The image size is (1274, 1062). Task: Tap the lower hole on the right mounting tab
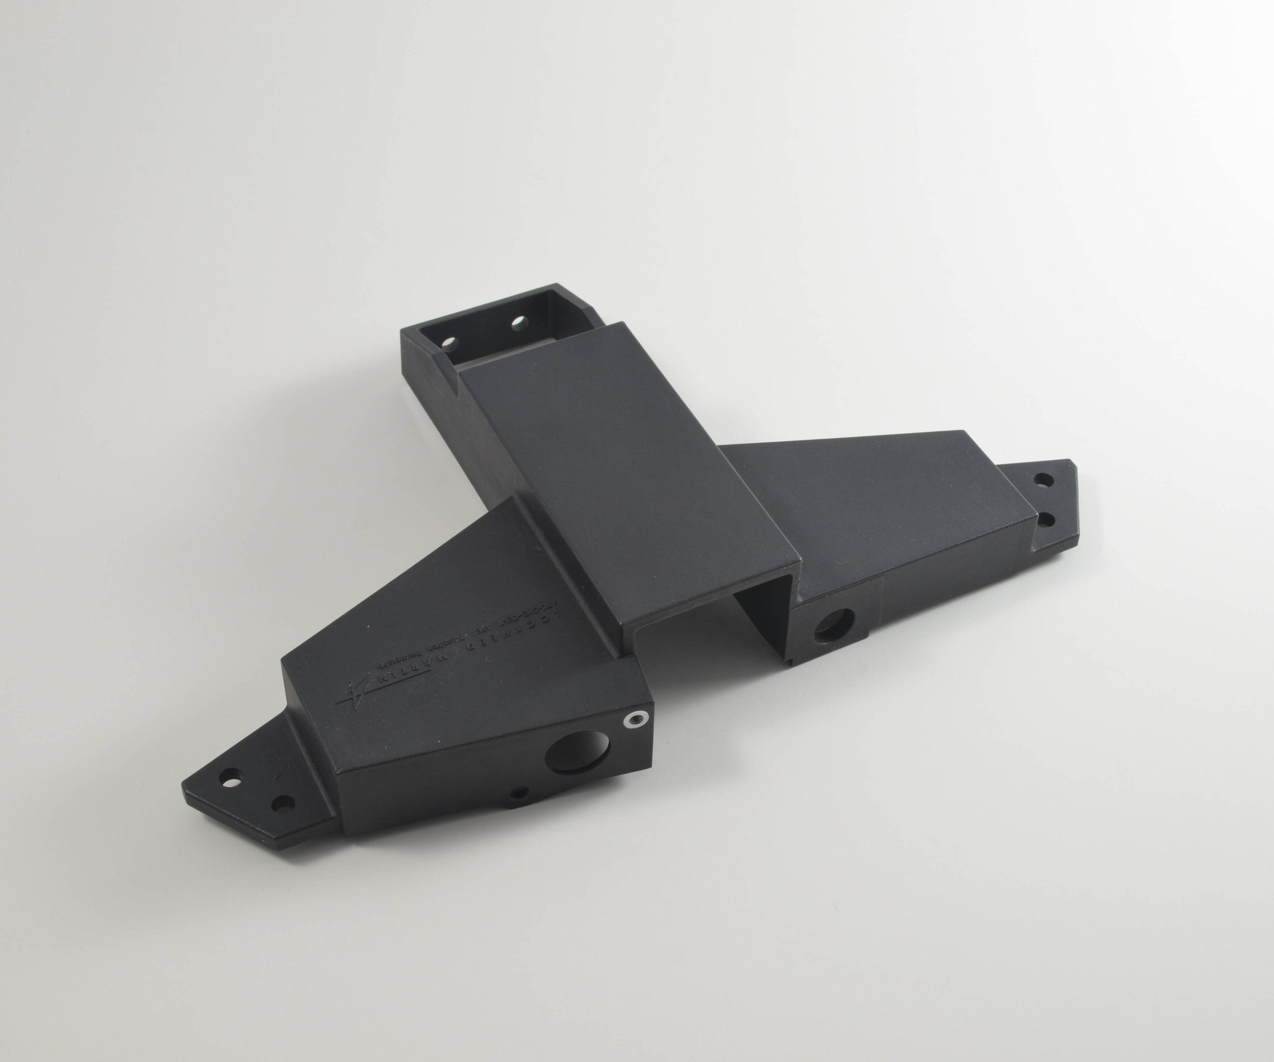[x=1046, y=520]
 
